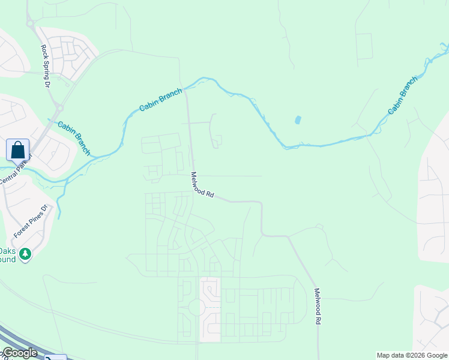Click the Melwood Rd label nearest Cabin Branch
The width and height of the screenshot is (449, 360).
coord(203,185)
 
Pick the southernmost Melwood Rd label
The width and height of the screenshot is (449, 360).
coord(317,307)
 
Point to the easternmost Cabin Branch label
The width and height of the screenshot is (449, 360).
coord(403,95)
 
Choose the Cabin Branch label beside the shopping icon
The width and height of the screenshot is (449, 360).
coord(74,137)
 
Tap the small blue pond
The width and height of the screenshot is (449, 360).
coord(298,120)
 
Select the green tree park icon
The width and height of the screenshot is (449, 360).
coord(25,255)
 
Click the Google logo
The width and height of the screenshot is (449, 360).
coord(19,353)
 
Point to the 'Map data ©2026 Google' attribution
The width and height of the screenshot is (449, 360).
coord(412,355)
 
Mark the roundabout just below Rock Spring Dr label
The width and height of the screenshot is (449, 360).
coord(59,108)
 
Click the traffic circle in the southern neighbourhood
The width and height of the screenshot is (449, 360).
coord(197,308)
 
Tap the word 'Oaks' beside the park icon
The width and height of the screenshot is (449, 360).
coord(7,251)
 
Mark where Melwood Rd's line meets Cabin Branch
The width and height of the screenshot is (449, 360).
coord(185,90)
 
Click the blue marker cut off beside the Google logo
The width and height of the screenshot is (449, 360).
coord(55,358)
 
